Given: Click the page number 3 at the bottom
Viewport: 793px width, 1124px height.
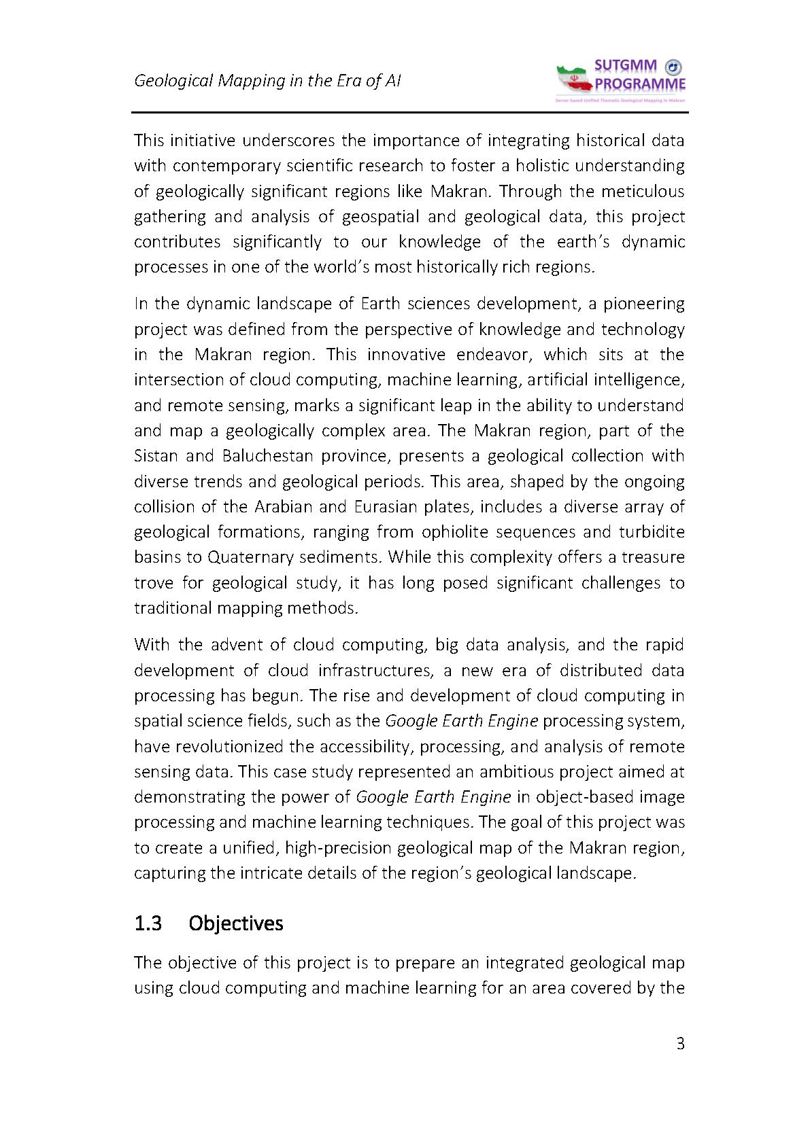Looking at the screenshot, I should (x=680, y=1044).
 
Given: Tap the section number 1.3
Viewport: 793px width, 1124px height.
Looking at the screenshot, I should (x=148, y=924).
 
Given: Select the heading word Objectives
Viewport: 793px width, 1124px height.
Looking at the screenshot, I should (x=235, y=924).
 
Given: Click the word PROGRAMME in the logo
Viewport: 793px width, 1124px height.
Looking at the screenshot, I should (x=640, y=85).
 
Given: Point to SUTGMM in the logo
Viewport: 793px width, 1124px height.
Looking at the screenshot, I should (x=625, y=66).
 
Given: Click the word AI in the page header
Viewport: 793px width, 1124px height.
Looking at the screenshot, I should (x=392, y=81).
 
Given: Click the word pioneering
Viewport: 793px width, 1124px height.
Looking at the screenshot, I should (x=644, y=303).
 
